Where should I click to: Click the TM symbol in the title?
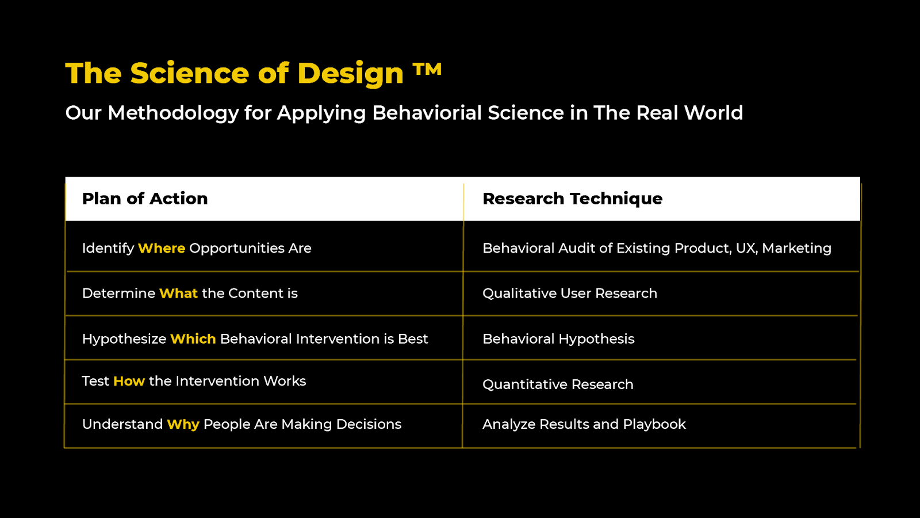pos(427,70)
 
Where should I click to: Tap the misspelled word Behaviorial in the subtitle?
pos(427,113)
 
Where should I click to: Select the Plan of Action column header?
pos(145,199)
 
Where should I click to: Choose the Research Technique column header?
pos(572,199)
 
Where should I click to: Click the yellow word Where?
pos(162,248)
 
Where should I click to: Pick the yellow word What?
pos(178,294)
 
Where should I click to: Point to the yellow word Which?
pos(193,339)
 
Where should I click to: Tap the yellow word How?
pos(129,381)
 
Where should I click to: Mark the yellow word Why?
pos(183,424)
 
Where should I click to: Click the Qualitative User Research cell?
pos(569,294)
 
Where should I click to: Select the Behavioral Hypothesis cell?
pos(558,339)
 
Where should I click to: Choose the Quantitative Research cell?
pos(558,384)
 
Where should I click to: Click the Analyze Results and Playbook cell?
pos(584,424)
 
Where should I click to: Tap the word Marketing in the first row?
pos(796,248)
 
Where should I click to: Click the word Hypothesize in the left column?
pos(124,339)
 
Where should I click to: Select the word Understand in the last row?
pos(122,424)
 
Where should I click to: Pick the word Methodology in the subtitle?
pos(173,113)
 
